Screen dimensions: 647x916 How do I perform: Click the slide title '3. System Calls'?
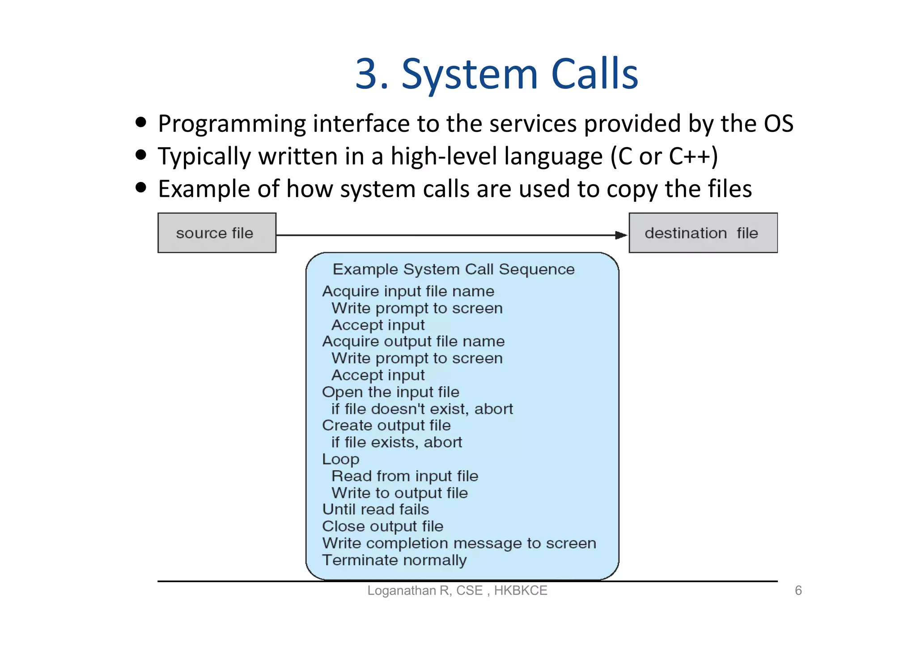pyautogui.click(x=496, y=74)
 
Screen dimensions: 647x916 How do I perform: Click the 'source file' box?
pyautogui.click(x=217, y=233)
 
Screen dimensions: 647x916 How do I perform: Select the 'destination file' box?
pyautogui.click(x=703, y=233)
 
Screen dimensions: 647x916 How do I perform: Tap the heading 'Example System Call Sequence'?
pyautogui.click(x=454, y=269)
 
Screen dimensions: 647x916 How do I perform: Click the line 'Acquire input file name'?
pyautogui.click(x=408, y=291)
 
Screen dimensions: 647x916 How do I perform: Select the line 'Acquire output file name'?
pyautogui.click(x=413, y=341)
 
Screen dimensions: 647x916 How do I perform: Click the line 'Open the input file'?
pyautogui.click(x=390, y=392)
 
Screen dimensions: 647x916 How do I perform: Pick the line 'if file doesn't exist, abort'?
pyautogui.click(x=422, y=409)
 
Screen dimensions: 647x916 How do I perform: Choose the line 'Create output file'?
pyautogui.click(x=386, y=425)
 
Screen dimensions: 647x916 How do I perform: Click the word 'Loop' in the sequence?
pyautogui.click(x=340, y=459)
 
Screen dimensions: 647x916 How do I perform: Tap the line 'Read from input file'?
pyautogui.click(x=405, y=476)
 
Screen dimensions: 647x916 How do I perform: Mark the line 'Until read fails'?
pyautogui.click(x=375, y=509)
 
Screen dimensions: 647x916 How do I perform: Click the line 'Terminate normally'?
pyautogui.click(x=394, y=560)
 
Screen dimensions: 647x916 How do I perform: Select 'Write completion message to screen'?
pyautogui.click(x=459, y=543)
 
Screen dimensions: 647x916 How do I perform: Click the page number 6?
pyautogui.click(x=798, y=591)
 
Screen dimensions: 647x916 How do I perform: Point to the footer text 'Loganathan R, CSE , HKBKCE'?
pyautogui.click(x=457, y=591)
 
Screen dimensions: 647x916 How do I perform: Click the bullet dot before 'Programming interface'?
pyautogui.click(x=141, y=122)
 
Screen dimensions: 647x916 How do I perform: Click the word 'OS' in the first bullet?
pyautogui.click(x=779, y=124)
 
